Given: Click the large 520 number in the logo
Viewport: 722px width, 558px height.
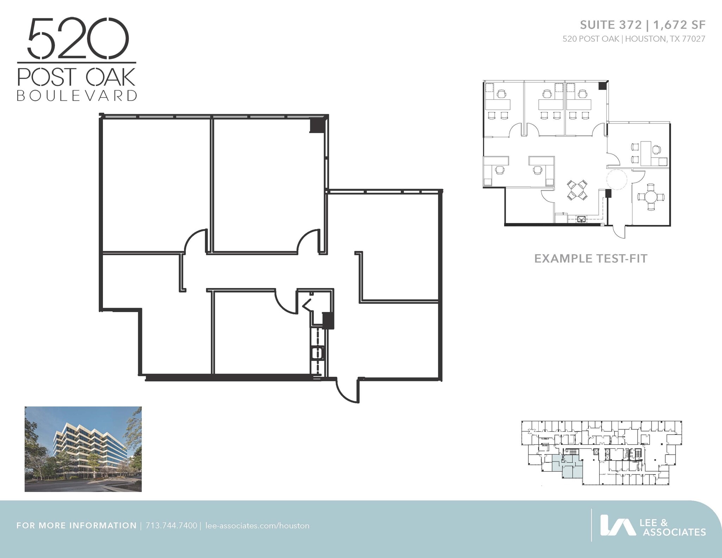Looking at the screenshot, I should [78, 39].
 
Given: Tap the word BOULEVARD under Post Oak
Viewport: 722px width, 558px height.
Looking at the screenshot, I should [77, 96].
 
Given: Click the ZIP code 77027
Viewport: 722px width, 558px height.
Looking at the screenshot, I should [693, 39].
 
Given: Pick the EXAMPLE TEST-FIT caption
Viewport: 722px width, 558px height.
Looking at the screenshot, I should [591, 259].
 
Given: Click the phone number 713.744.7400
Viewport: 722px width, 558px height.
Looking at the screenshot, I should [171, 526].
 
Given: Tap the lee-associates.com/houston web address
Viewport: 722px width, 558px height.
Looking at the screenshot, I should [257, 526].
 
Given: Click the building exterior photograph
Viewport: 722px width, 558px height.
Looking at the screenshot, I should [83, 449].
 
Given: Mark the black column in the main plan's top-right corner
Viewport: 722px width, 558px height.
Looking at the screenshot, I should [316, 125].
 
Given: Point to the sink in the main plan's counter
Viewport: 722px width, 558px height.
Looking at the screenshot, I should [318, 353].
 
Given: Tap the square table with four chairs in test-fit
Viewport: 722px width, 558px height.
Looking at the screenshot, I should [577, 190].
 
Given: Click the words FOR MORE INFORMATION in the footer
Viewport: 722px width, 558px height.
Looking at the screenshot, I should [77, 526].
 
